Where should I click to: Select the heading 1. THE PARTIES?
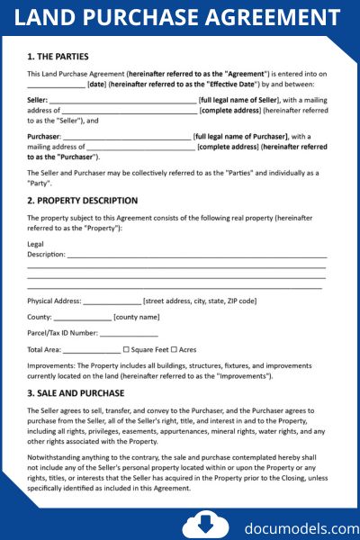click(58, 56)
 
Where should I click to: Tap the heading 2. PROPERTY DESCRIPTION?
click(82, 201)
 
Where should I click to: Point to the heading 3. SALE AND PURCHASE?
click(76, 393)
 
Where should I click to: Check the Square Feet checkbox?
click(126, 349)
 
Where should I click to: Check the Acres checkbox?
click(175, 349)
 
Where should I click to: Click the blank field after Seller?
click(122, 99)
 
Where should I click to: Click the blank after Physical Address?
click(112, 301)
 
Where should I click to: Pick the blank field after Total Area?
click(91, 349)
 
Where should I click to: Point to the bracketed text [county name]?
click(137, 317)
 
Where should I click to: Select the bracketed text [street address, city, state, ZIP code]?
click(200, 301)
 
